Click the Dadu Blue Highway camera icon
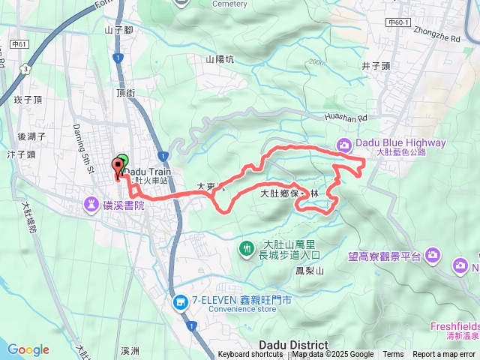343,144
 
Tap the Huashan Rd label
346,118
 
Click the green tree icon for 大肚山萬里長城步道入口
247,248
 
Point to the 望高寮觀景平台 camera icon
433,256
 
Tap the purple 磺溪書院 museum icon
91,203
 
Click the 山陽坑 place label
220,59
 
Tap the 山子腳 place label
118,30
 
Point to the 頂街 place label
125,92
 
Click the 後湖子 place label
31,136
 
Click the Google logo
28,349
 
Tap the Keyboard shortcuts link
250,355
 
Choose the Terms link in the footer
393,355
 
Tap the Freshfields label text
455,326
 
